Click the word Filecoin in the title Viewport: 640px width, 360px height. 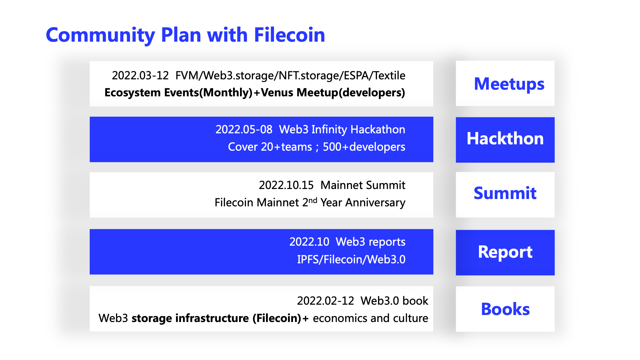[x=289, y=35]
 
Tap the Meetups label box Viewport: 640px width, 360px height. [x=505, y=84]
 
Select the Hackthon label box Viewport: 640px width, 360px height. [x=505, y=139]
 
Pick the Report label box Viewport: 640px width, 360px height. [x=505, y=252]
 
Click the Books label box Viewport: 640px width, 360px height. [x=505, y=309]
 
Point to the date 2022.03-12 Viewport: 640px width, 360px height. [x=140, y=76]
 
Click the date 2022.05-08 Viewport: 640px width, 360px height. [x=244, y=129]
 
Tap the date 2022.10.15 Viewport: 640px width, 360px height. [x=286, y=185]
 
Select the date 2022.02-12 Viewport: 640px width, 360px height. [x=325, y=301]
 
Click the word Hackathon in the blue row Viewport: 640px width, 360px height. [x=378, y=129]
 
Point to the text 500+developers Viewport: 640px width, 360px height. [x=364, y=147]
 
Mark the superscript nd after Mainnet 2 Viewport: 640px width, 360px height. [x=313, y=200]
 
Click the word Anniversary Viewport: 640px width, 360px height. [x=375, y=202]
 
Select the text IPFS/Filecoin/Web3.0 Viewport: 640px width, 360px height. [x=351, y=259]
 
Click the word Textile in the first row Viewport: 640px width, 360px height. [x=389, y=76]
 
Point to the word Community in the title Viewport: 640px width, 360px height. [x=100, y=35]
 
